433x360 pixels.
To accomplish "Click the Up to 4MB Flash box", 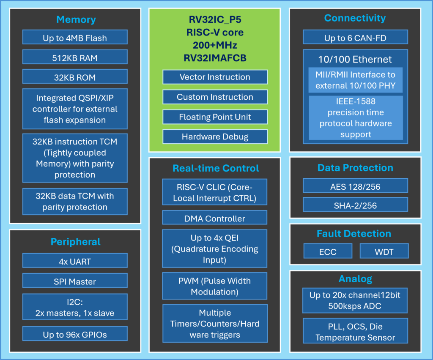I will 75,38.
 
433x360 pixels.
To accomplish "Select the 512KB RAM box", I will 75,57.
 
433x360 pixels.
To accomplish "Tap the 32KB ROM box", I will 75,77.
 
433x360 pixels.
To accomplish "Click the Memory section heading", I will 76,19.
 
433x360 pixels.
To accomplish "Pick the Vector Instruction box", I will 215,77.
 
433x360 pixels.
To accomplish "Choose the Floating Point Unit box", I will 215,117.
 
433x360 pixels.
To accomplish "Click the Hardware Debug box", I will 215,136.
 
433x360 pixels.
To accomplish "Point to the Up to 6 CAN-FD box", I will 355,38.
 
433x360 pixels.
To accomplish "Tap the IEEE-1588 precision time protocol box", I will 355,118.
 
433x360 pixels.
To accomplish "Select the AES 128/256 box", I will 355,185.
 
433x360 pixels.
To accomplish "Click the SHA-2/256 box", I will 355,205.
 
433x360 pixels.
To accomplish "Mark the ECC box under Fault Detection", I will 328,251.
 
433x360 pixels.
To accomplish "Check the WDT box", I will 384,251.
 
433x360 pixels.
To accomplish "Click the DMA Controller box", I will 215,218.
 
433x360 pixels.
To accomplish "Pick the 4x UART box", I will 75,261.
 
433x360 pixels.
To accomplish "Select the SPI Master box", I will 75,281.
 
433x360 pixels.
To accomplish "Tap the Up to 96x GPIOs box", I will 75,334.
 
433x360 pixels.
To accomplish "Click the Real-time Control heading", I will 215,168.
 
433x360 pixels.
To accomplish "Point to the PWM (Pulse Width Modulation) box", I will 215,286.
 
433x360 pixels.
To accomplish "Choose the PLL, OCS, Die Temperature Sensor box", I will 355,332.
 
